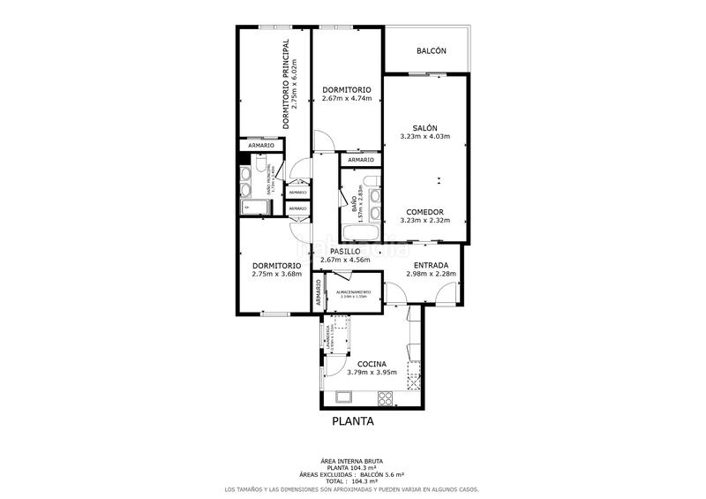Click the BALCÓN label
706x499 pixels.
point(432,51)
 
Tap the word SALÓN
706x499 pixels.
point(424,127)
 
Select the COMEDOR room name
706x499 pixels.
point(424,212)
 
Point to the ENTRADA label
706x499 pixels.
point(431,265)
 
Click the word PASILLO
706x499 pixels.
point(345,251)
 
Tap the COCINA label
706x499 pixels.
point(372,364)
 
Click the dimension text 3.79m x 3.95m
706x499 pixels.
point(372,373)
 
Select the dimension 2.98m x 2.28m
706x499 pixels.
point(431,274)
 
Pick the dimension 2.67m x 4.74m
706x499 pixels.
point(346,99)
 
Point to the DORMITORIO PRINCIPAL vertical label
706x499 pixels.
point(286,84)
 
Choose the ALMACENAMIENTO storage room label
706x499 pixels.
point(351,291)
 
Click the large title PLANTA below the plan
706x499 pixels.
point(353,421)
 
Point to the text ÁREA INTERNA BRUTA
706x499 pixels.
point(352,461)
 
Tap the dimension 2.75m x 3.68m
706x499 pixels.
point(276,274)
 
